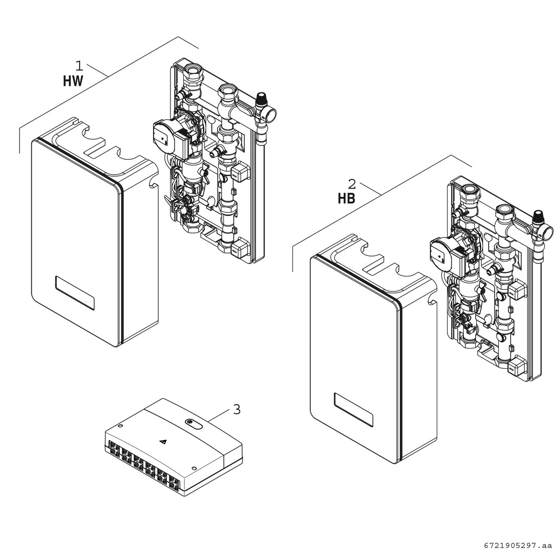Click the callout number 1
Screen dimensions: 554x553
[79, 66]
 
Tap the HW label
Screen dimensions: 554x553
[73, 81]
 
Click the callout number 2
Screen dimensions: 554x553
[352, 184]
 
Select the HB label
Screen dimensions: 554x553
[346, 199]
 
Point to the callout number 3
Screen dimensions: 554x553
[237, 409]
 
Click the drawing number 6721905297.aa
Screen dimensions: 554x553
[515, 546]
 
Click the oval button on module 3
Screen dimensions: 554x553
[194, 423]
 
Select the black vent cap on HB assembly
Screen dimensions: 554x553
[538, 215]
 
